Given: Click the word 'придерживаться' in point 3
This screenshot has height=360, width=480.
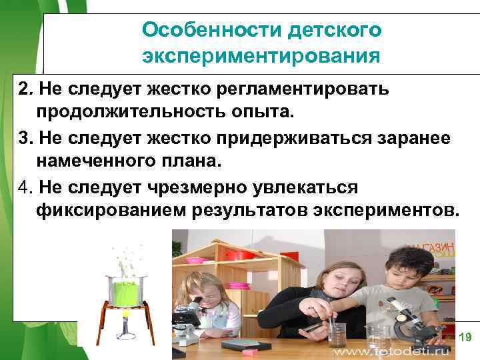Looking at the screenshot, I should [x=291, y=139].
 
